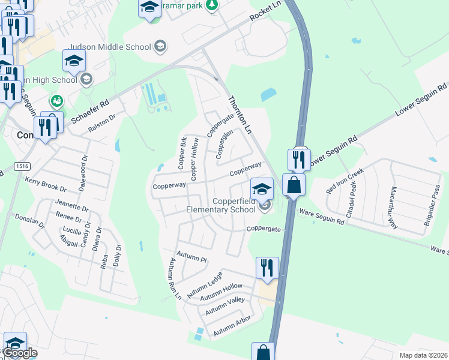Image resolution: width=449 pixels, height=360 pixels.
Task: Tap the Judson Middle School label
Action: tap(112, 46)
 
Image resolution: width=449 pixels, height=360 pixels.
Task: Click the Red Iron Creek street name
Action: tap(345, 180)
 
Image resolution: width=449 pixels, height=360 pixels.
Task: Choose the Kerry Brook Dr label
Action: tap(46, 184)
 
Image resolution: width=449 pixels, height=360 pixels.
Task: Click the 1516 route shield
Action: tap(22, 166)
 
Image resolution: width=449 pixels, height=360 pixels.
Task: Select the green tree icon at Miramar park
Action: tap(211, 5)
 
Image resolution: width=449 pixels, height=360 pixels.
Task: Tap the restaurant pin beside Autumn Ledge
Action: tap(267, 268)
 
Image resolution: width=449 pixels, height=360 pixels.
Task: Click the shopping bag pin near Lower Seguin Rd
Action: tap(294, 184)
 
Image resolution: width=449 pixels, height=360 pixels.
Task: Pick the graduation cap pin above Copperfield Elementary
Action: tap(261, 188)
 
